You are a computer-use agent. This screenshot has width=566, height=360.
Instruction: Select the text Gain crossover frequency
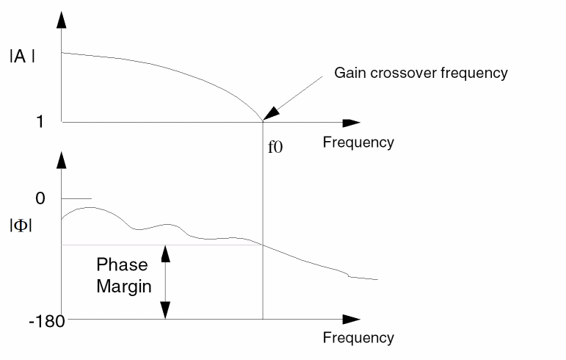(x=421, y=73)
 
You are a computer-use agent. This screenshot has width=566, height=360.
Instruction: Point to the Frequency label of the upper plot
(x=358, y=142)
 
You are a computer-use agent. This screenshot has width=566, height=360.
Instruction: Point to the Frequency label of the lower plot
(x=358, y=338)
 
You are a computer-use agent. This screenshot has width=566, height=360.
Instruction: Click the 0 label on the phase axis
(x=40, y=198)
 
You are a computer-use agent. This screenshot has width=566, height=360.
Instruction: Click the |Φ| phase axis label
(x=20, y=226)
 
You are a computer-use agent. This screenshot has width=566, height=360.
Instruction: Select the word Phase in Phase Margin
(x=122, y=265)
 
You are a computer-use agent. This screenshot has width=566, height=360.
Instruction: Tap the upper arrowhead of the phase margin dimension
(x=166, y=252)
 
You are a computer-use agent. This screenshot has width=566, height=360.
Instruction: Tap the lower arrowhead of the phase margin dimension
(x=166, y=312)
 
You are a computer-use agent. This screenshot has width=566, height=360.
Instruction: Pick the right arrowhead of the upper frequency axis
(x=352, y=122)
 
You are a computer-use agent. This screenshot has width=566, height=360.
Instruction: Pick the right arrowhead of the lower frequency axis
(x=352, y=320)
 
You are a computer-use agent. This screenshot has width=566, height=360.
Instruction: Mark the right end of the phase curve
(x=377, y=279)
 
